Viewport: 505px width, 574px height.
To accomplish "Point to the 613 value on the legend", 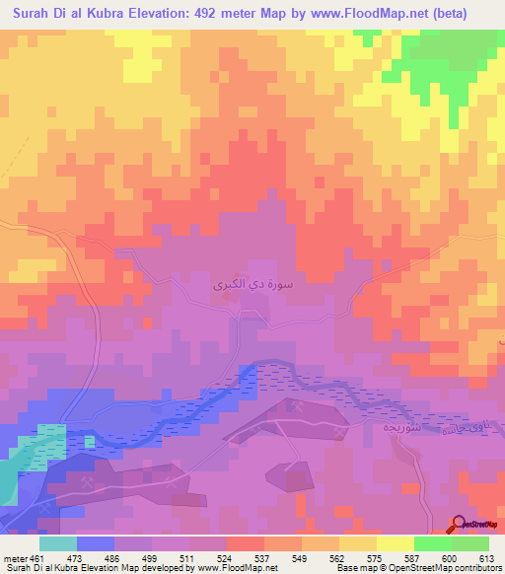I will tap(487, 558).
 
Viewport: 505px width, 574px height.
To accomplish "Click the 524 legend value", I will tap(226, 558).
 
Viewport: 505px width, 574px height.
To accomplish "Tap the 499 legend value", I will tap(151, 558).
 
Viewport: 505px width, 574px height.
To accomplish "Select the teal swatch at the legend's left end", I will tap(58, 543).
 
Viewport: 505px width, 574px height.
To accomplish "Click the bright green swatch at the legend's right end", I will tap(470, 543).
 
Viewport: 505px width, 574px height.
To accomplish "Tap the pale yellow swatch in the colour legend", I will tap(396, 543).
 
